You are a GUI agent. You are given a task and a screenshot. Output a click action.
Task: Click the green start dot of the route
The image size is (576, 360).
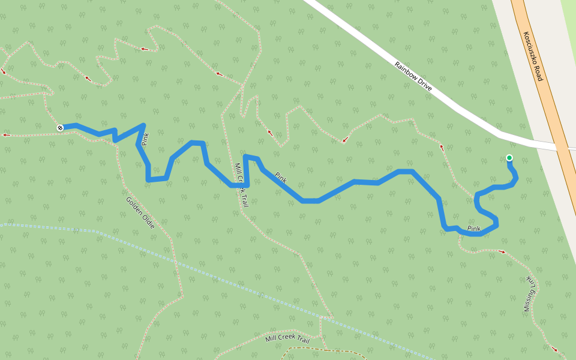pyautogui.click(x=509, y=158)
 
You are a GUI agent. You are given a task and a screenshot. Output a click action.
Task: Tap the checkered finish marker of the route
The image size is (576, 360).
pyautogui.click(x=60, y=127)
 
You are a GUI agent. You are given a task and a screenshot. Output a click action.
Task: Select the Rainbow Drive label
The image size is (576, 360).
pyautogui.click(x=413, y=76)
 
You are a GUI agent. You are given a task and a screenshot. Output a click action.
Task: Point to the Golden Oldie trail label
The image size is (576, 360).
pyautogui.click(x=140, y=212)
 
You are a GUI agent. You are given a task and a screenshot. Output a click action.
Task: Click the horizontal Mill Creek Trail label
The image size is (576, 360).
pyautogui.click(x=287, y=339)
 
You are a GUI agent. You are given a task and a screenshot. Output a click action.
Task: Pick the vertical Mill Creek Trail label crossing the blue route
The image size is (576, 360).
pyautogui.click(x=241, y=185)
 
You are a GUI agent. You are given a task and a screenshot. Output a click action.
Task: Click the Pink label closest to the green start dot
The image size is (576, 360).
pyautogui.click(x=474, y=229)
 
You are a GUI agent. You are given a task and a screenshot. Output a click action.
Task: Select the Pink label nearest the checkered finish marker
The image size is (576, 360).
pyautogui.click(x=144, y=140)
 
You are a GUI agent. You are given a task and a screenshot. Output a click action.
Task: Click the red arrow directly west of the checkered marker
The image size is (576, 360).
pyautogui.click(x=6, y=135)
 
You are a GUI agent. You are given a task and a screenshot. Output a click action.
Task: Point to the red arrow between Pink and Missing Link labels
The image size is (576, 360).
pyautogui.click(x=502, y=252)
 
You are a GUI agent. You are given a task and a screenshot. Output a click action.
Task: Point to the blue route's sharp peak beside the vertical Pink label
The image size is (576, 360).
pyautogui.click(x=143, y=125)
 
